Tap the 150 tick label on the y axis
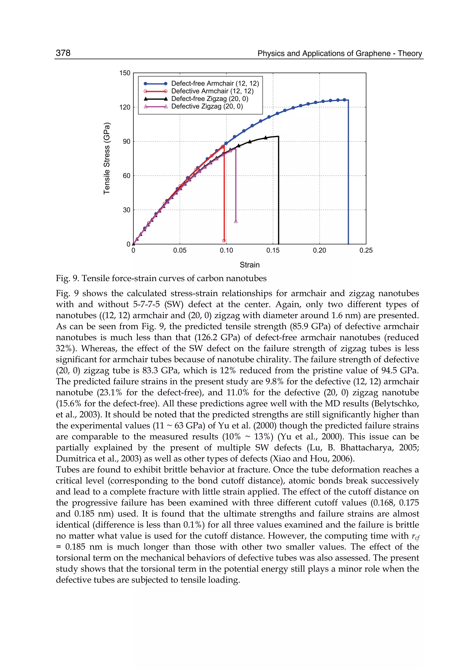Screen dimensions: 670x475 click(x=125, y=73)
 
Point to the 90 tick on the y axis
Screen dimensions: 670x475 click(x=127, y=141)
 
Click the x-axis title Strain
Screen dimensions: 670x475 click(x=250, y=265)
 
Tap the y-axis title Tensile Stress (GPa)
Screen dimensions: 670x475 click(x=107, y=158)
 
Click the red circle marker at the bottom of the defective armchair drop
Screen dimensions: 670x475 click(x=224, y=241)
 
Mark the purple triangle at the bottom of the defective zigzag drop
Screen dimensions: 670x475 click(x=236, y=221)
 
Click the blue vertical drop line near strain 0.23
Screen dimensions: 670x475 click(x=348, y=176)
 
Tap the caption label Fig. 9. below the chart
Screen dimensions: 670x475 click(x=67, y=278)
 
